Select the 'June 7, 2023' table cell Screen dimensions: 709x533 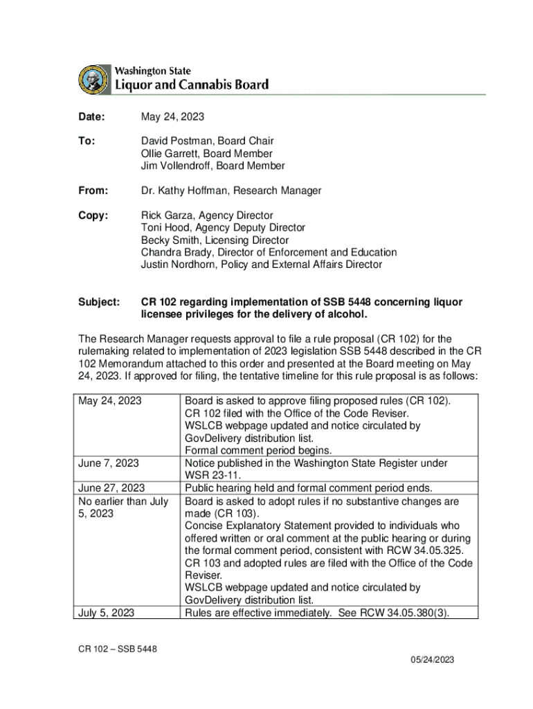coord(109,463)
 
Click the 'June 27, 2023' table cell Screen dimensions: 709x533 coord(111,488)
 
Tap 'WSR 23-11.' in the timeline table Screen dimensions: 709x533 coord(211,476)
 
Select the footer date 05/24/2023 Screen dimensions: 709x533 coord(431,660)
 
